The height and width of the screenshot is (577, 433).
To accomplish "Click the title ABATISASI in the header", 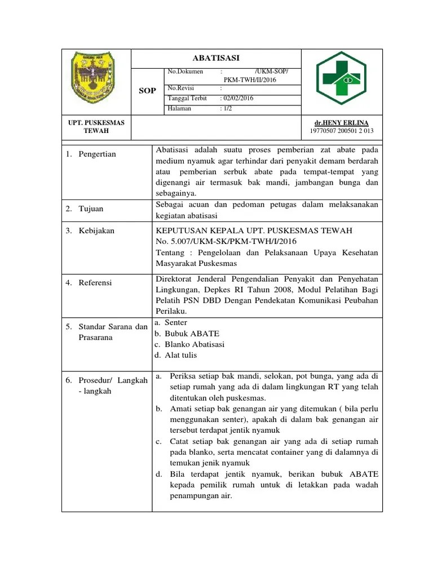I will tap(216, 58).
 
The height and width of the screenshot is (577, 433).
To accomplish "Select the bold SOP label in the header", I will tap(148, 91).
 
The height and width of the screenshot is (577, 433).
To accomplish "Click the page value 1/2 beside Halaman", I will tap(227, 108).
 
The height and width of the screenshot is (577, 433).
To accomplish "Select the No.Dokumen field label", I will tap(185, 72).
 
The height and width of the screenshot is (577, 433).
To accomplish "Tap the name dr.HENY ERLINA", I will tap(342, 123).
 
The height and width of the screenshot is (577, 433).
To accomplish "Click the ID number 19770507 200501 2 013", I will tap(342, 131).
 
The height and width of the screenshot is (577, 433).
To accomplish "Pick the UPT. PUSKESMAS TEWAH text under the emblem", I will tap(96, 127).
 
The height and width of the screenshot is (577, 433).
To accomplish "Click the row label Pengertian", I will tap(97, 154).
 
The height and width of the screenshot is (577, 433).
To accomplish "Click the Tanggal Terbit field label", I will tap(187, 99).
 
